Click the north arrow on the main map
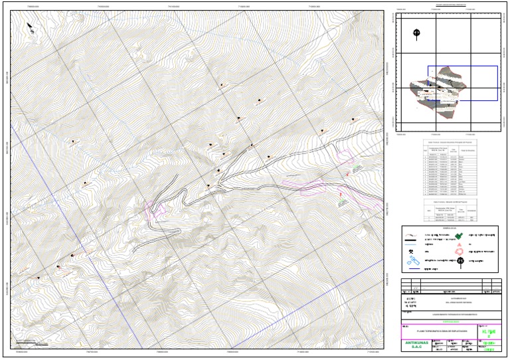click(x=31, y=28)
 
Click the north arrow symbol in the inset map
click(x=416, y=33)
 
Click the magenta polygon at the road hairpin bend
click(x=154, y=209)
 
